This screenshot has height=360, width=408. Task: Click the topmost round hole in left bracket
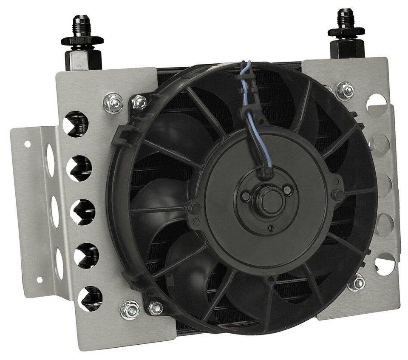point(76,124)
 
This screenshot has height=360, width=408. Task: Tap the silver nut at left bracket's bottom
point(130,310)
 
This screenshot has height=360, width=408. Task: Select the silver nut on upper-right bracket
point(345,91)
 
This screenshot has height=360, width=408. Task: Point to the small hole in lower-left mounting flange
point(40,280)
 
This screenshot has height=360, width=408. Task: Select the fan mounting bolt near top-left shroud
point(139,102)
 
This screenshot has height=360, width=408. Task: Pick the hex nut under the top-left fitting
point(82,41)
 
